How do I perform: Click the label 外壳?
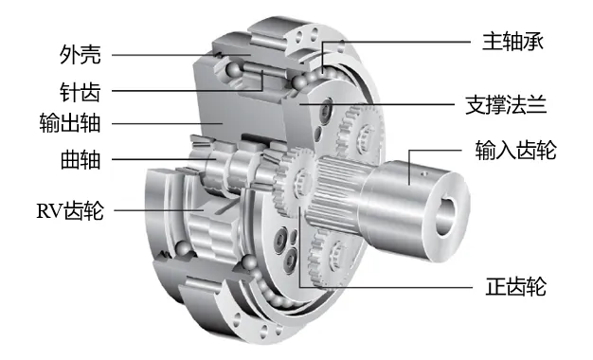81,55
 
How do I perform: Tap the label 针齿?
81,91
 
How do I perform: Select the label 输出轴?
70,123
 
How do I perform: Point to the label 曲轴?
81,159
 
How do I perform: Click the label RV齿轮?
70,210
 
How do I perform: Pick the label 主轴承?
512,41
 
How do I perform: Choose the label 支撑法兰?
506,105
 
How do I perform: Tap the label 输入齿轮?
516,150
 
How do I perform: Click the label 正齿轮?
516,286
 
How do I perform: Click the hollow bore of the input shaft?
446,216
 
